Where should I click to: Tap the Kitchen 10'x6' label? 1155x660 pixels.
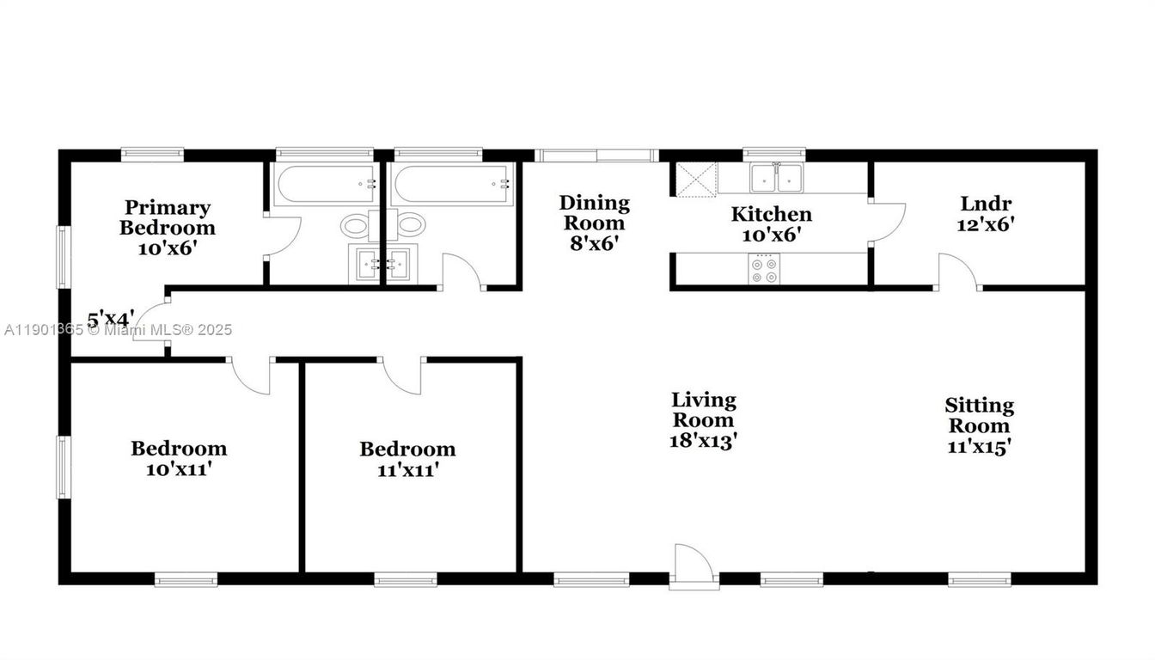[x=771, y=224]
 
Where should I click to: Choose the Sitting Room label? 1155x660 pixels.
[x=979, y=425]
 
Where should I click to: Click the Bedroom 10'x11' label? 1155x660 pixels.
[x=179, y=458]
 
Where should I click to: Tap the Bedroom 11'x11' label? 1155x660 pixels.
[x=407, y=459]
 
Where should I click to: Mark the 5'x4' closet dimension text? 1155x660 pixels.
[x=110, y=320]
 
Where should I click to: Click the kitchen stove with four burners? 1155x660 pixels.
[x=764, y=271]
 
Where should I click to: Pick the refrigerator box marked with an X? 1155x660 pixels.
[x=696, y=178]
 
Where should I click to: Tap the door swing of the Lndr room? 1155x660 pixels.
[x=958, y=271]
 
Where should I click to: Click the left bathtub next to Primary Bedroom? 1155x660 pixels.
[x=325, y=183]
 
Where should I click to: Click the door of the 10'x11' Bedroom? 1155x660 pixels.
[x=252, y=376]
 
